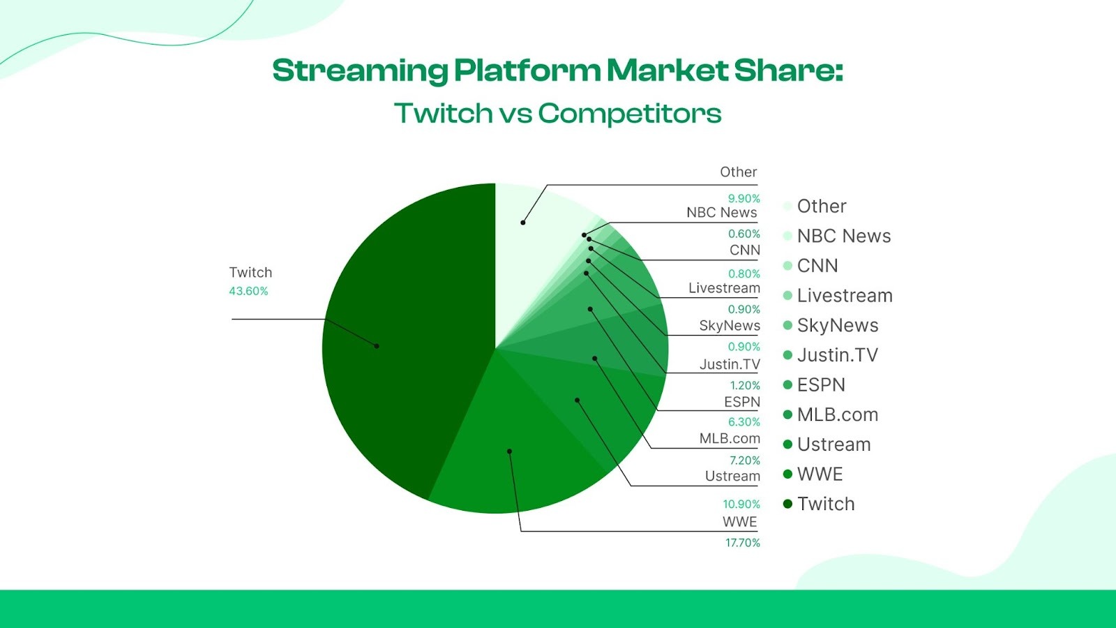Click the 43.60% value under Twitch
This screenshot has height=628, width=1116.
[248, 291]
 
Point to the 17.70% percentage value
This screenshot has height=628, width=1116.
[742, 543]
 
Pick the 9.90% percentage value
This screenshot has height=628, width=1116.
[744, 199]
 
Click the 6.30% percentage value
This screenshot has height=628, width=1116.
[744, 422]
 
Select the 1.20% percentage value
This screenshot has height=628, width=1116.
[744, 385]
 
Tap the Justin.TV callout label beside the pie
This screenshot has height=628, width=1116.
[729, 364]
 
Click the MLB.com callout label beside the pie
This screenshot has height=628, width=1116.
[729, 438]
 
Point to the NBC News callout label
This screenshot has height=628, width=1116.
[721, 212]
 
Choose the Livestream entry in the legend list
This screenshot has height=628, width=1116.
[844, 296]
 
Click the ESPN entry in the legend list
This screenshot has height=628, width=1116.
[821, 385]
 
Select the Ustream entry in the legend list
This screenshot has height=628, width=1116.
[834, 444]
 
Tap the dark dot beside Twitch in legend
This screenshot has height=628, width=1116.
[787, 504]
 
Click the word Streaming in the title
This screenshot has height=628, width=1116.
[360, 71]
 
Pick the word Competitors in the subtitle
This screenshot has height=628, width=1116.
[629, 114]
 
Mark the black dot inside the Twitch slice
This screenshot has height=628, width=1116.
[377, 346]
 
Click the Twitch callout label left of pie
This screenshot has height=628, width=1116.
[250, 273]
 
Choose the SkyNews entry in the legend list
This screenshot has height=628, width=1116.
[837, 326]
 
